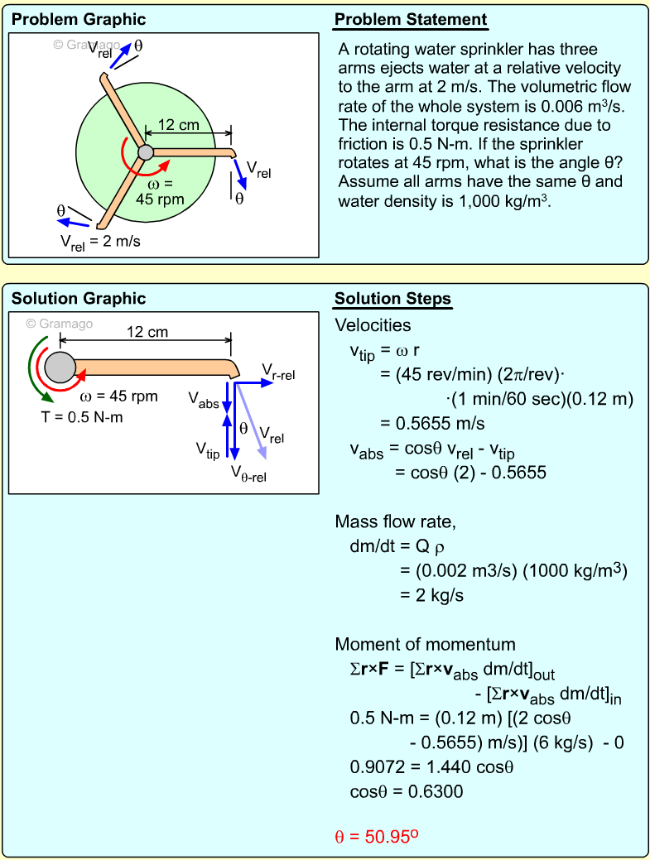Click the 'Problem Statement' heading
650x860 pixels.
(x=411, y=20)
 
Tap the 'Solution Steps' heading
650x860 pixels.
(x=392, y=299)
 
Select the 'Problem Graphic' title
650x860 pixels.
(x=79, y=20)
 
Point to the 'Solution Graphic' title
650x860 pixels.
(x=79, y=299)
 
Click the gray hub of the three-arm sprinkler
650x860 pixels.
(x=146, y=151)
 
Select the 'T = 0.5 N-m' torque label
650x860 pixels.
(x=82, y=417)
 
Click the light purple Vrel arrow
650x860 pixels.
(x=252, y=422)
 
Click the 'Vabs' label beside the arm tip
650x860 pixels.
(x=204, y=401)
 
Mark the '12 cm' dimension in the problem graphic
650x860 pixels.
(x=178, y=125)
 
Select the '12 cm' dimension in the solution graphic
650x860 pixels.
(x=147, y=332)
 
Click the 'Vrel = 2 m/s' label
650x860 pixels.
(x=101, y=242)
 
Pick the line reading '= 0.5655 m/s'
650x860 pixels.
(x=432, y=423)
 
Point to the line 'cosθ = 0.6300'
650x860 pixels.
(x=407, y=791)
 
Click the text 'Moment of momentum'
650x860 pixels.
(x=425, y=645)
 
